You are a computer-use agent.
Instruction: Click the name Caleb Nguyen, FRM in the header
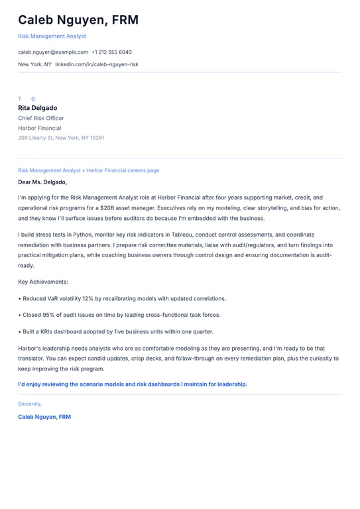[78, 20]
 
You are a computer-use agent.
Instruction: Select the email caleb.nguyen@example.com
[53, 52]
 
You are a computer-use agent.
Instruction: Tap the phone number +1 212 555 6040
[111, 52]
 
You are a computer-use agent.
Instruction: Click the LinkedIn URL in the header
[97, 64]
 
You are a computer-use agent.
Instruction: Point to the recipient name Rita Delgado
[38, 108]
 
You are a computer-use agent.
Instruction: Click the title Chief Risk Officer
[41, 118]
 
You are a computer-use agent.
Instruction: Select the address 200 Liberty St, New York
[61, 138]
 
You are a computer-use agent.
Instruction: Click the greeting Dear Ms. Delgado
[42, 182]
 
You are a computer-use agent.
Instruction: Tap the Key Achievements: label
[43, 282]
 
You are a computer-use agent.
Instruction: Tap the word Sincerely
[30, 404]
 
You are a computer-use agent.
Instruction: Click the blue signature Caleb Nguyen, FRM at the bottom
[44, 417]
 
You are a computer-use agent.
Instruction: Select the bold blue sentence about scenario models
[133, 384]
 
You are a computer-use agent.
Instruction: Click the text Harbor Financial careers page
[123, 170]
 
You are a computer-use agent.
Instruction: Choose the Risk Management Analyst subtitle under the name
[52, 36]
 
